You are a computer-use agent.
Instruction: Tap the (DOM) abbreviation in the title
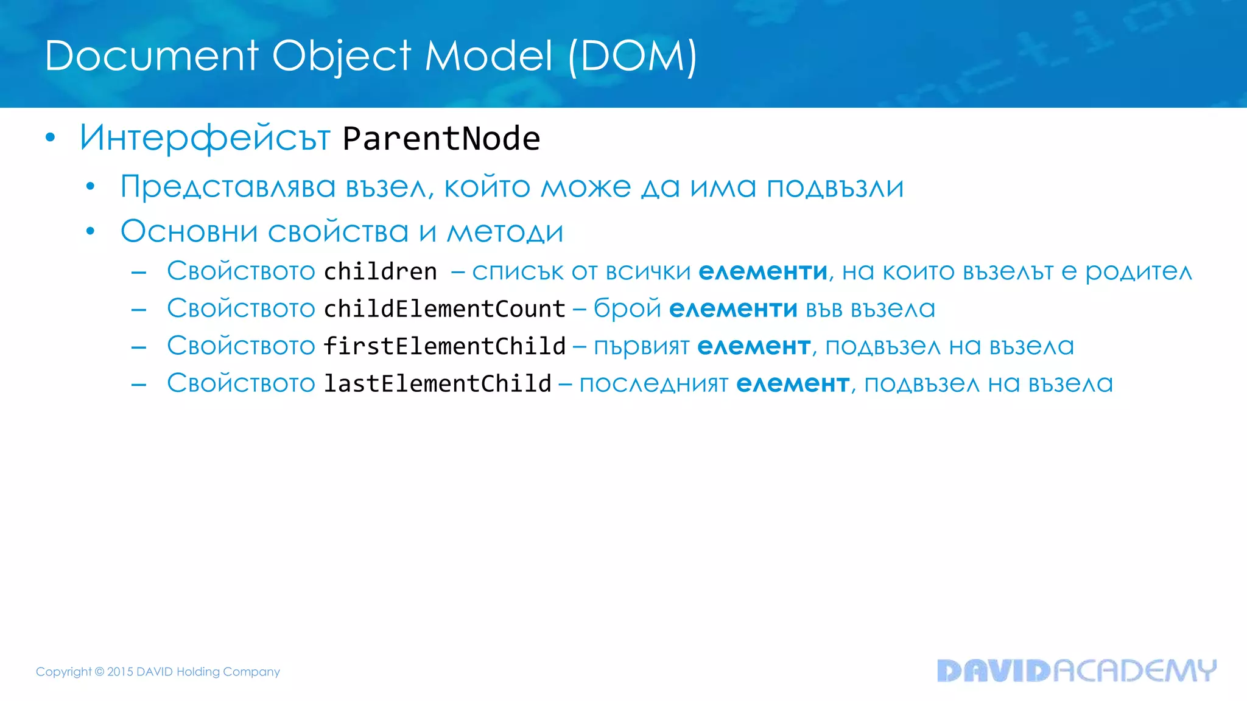633,56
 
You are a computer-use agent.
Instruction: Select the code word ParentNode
441,139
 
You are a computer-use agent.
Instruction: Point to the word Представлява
228,187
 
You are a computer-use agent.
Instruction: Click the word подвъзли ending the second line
835,187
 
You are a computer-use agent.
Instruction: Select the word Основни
189,232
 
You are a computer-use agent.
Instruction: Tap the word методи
505,232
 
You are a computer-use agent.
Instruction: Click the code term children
381,271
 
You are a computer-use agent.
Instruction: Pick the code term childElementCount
444,309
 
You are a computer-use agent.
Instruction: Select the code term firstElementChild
444,346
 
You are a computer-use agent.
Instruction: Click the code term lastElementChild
437,383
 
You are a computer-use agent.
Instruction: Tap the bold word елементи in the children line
763,272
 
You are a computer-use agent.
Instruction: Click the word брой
627,309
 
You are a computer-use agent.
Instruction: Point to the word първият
641,347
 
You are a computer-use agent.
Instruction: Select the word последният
653,384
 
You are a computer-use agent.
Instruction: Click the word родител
1138,272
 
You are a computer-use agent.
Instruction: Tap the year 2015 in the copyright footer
121,672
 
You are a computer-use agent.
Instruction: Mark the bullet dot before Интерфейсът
51,138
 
